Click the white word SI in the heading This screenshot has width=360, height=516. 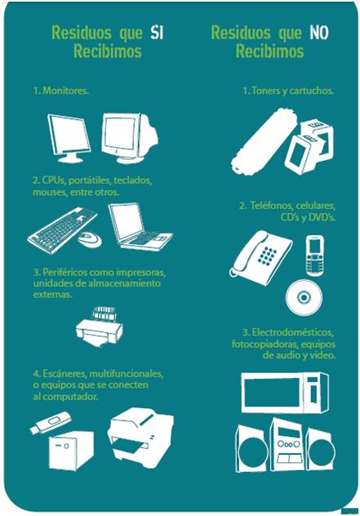(157, 33)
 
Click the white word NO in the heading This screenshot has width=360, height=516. (319, 33)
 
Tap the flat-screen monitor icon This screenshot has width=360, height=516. (69, 138)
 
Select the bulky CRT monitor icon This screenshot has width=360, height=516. (130, 138)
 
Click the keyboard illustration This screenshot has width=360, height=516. (62, 230)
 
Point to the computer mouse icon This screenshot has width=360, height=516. (90, 239)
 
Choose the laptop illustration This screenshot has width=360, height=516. (140, 226)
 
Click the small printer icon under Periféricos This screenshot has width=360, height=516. (100, 327)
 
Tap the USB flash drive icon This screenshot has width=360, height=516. (50, 423)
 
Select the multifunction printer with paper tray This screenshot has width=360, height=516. (141, 437)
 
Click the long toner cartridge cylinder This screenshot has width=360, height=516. (264, 141)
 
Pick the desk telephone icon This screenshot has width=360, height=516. (260, 254)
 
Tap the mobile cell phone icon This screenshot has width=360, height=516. (314, 255)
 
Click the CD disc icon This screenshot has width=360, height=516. (304, 297)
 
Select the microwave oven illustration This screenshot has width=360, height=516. (285, 392)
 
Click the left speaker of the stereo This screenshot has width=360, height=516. (252, 448)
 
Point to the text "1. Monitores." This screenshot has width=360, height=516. (61, 91)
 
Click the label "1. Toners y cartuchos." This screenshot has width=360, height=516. (288, 91)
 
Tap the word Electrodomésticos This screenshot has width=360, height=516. (292, 332)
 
